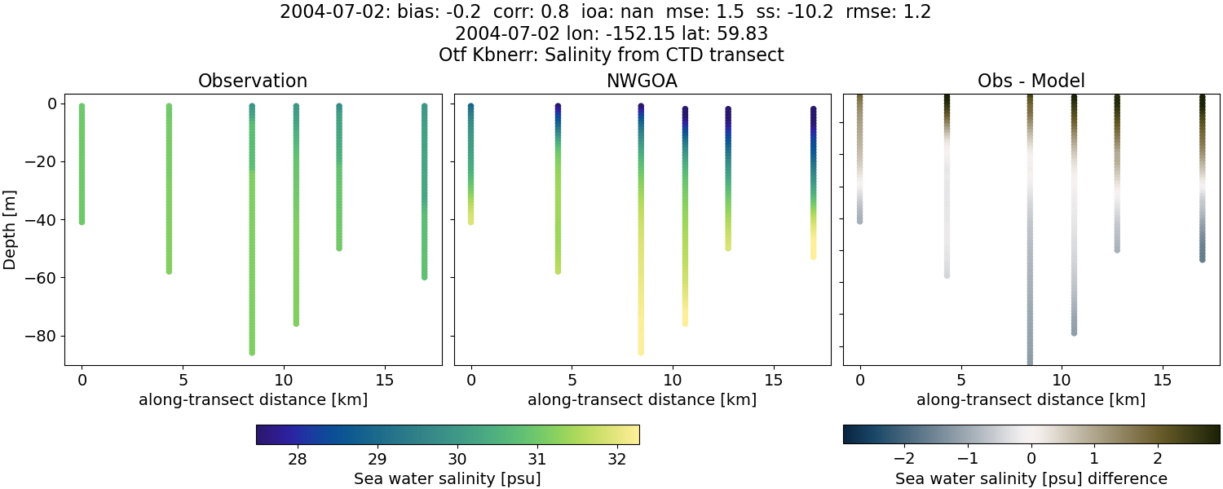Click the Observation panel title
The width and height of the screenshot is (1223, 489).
253,81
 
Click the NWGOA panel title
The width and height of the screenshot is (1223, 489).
642,81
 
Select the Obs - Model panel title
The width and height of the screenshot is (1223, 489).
1031,81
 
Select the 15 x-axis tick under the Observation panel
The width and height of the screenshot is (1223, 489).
384,380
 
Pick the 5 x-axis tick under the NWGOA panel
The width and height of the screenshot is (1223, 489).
572,380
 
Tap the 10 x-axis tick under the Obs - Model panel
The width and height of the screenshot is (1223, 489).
1062,380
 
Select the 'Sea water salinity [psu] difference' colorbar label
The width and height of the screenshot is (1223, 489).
1031,478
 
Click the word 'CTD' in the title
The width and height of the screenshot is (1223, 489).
667,55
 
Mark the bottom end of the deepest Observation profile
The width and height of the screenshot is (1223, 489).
252,352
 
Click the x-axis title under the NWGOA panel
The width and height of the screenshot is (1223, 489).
642,399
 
